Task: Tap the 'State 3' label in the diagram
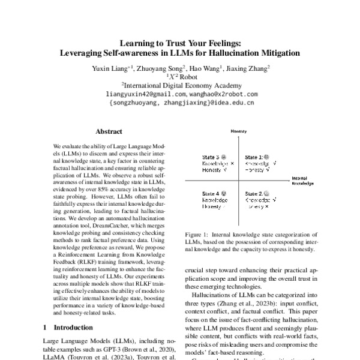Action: point(209,157)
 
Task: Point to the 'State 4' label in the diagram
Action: point(210,194)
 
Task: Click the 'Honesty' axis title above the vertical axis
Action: point(239,131)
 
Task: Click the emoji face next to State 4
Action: point(224,194)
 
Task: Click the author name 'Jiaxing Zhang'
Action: point(246,68)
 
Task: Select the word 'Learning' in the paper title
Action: point(139,43)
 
